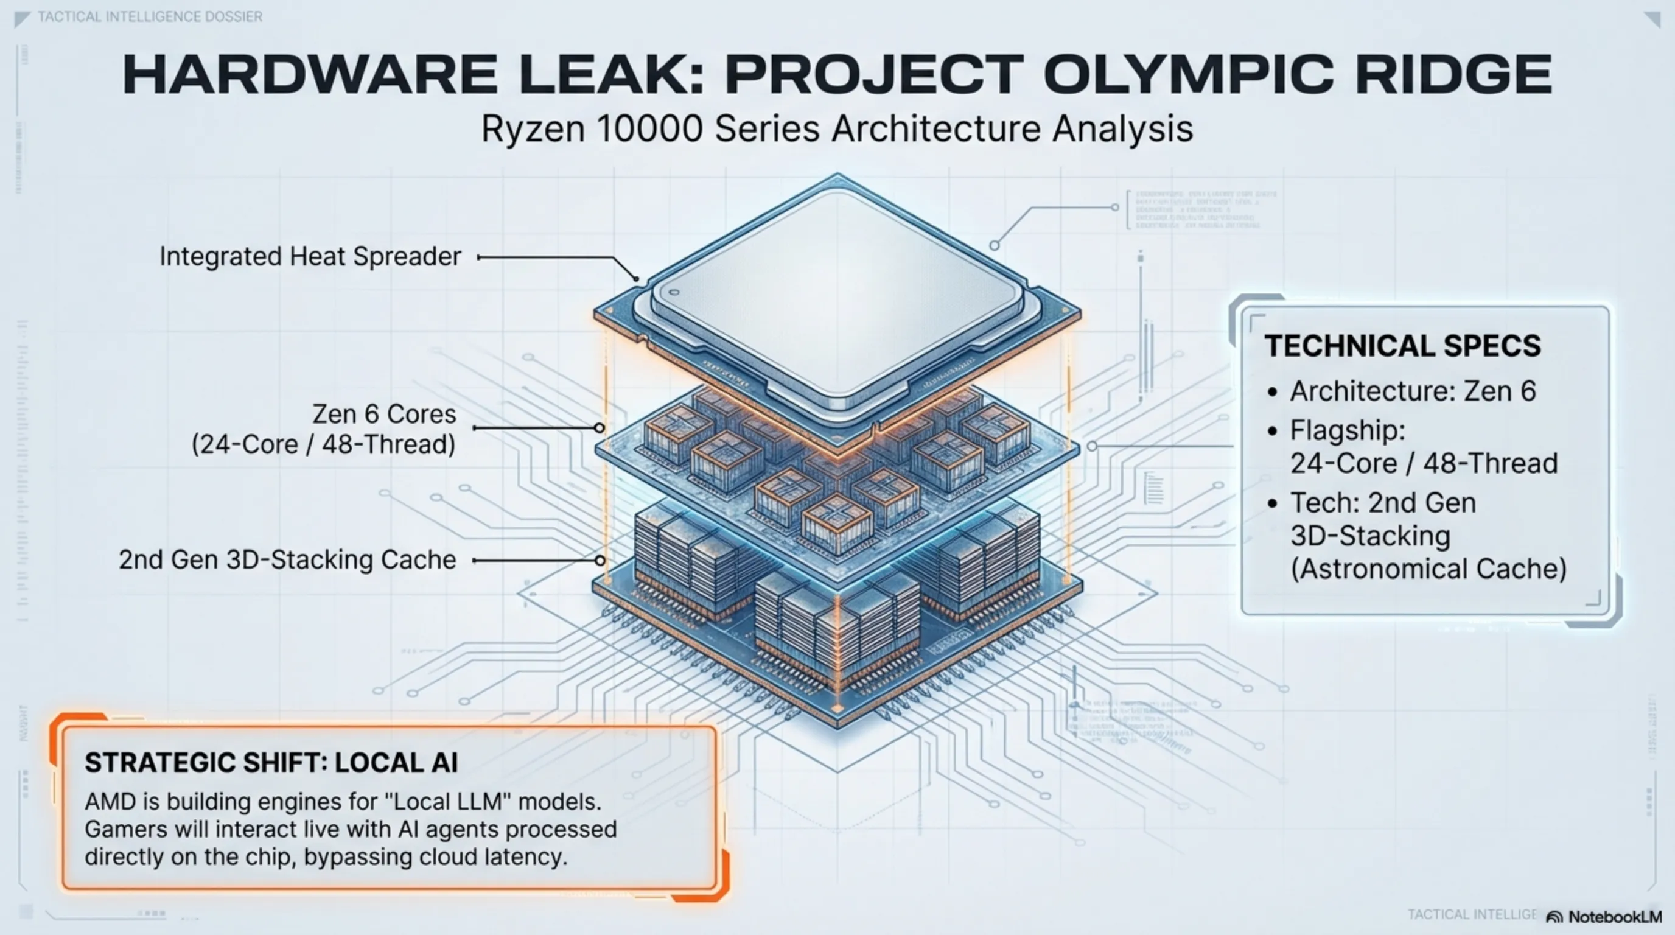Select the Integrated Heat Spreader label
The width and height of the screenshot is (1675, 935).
coord(310,256)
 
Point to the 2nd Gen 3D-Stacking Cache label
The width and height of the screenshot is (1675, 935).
coord(287,560)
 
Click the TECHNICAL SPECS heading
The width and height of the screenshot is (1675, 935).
coord(1402,346)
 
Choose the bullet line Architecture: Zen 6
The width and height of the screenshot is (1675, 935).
coord(1412,391)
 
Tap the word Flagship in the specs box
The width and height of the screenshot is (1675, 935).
coord(1348,430)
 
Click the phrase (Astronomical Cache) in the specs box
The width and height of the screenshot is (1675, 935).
coord(1428,569)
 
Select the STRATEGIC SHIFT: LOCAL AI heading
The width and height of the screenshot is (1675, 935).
coord(271,763)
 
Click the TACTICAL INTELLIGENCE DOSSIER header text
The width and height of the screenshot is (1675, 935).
coord(150,16)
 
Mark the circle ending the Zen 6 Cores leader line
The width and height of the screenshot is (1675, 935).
coord(599,428)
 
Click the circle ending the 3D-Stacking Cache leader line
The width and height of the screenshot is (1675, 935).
coord(600,560)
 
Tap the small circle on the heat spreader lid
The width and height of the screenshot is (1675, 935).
coord(674,293)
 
